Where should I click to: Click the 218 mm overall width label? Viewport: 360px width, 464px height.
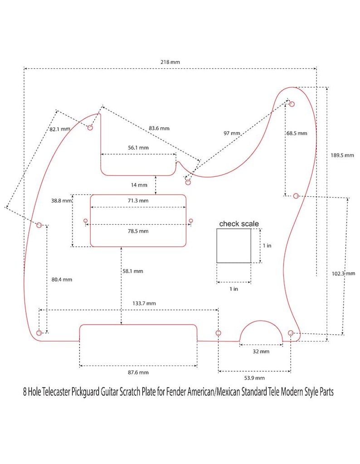click(170, 62)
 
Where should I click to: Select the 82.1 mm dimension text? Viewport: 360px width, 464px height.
click(60, 129)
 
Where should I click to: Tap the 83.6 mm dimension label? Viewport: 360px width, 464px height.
click(159, 128)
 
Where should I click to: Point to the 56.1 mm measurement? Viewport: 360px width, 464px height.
click(138, 148)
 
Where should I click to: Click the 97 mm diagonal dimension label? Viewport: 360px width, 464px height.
click(232, 133)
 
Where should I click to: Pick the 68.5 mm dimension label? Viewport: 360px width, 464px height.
click(297, 133)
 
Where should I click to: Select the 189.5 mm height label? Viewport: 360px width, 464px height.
click(342, 155)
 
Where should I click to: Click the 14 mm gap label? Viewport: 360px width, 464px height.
click(139, 185)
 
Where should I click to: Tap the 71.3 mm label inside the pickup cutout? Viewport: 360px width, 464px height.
click(138, 201)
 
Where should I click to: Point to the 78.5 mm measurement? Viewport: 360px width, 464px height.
click(138, 231)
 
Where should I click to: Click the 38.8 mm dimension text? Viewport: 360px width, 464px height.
click(62, 201)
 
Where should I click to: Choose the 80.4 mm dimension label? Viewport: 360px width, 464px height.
click(62, 279)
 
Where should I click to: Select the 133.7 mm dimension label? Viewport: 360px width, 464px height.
click(144, 303)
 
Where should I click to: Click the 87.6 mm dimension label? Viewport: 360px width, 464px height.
click(138, 372)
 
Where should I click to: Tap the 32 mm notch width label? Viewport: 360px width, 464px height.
click(261, 352)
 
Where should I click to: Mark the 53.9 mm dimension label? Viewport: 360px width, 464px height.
click(254, 378)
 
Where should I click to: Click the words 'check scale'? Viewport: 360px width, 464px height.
click(239, 224)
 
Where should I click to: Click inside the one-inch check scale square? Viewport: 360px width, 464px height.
click(234, 246)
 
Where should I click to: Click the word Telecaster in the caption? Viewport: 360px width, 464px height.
click(56, 392)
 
